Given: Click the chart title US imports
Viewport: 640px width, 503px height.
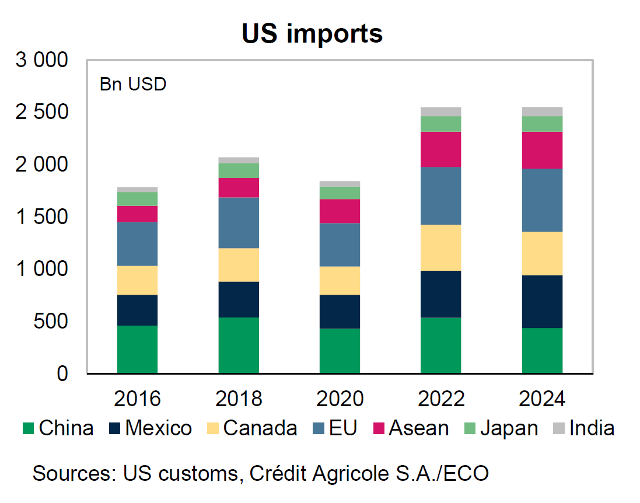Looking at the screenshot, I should tap(312, 33).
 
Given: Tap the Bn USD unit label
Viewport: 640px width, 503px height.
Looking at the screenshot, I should tap(133, 85).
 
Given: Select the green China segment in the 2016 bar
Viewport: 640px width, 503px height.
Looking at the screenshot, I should tap(137, 349).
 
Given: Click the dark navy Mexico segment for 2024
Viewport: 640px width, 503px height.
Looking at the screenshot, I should tap(542, 301).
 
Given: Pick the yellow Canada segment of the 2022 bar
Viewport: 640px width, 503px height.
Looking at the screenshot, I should tap(441, 247).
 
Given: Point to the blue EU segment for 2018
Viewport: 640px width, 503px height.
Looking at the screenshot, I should tap(239, 223).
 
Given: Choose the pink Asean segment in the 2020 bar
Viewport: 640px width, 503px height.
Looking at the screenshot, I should tap(340, 211).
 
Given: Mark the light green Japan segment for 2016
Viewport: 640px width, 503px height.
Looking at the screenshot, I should tap(137, 199).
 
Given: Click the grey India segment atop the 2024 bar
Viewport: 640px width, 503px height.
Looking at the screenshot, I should tap(542, 111).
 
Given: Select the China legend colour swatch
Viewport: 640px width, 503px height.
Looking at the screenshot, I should tap(28, 429).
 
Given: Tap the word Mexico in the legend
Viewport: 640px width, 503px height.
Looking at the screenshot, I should tap(158, 428).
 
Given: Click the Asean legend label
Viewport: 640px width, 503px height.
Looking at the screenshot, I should tap(419, 428).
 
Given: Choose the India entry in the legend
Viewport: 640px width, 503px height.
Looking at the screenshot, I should tap(592, 428).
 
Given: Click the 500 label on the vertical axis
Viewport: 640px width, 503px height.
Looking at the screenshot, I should tap(50, 322).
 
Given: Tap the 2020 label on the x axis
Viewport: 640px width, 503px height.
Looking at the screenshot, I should tap(340, 399).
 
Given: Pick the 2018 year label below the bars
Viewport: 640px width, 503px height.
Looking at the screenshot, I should tap(239, 399).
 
